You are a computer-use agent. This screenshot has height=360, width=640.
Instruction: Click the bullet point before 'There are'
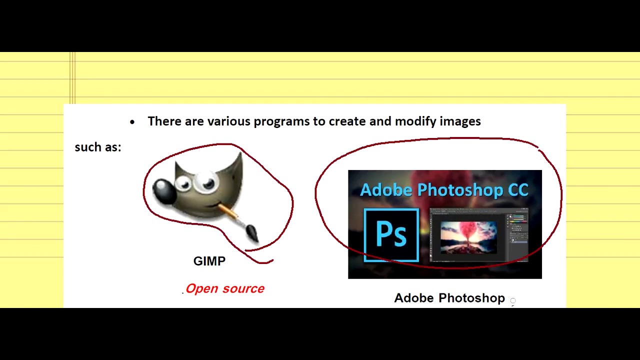pyautogui.click(x=132, y=122)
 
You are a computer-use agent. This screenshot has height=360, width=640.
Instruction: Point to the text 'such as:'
pyautogui.click(x=98, y=147)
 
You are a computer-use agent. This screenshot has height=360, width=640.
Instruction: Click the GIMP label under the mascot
pyautogui.click(x=209, y=261)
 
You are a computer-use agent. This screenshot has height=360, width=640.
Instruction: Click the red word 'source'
pyautogui.click(x=243, y=288)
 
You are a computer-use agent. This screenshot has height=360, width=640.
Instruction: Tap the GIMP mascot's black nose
pyautogui.click(x=163, y=190)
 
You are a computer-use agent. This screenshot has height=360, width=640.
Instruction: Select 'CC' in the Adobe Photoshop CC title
pyautogui.click(x=518, y=190)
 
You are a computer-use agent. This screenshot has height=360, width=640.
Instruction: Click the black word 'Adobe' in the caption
pyautogui.click(x=414, y=298)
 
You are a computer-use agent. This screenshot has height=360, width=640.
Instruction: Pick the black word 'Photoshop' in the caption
pyautogui.click(x=471, y=298)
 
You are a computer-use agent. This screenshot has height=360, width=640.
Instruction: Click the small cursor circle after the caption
pyautogui.click(x=513, y=300)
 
